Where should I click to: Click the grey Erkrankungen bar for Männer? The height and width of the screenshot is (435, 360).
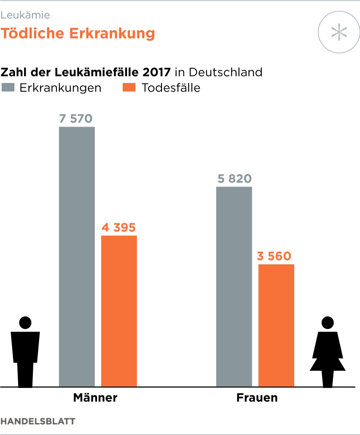(x=77, y=256)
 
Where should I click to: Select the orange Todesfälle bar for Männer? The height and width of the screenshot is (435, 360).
(x=119, y=311)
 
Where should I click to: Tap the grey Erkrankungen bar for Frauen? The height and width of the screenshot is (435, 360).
(x=234, y=286)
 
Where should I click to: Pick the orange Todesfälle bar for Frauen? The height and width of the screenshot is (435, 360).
(x=276, y=325)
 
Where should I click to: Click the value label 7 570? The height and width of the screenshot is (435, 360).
(x=76, y=118)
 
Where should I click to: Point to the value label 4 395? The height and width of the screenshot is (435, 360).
(x=118, y=228)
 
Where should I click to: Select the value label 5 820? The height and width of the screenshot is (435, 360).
(x=234, y=179)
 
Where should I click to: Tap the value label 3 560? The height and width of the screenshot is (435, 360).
(x=274, y=256)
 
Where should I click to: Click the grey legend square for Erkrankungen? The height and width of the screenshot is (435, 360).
(x=8, y=88)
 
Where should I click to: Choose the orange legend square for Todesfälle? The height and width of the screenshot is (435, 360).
(x=129, y=88)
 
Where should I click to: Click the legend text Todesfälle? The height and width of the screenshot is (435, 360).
(x=171, y=88)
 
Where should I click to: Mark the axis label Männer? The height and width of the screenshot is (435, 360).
(x=95, y=398)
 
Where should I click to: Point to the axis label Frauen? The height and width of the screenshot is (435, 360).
(x=257, y=398)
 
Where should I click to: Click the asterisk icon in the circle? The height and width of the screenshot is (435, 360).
(x=339, y=32)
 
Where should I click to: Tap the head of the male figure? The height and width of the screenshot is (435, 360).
(x=25, y=323)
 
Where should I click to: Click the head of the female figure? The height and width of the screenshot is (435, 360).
(x=328, y=323)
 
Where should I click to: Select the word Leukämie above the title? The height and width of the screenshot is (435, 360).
(x=25, y=15)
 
